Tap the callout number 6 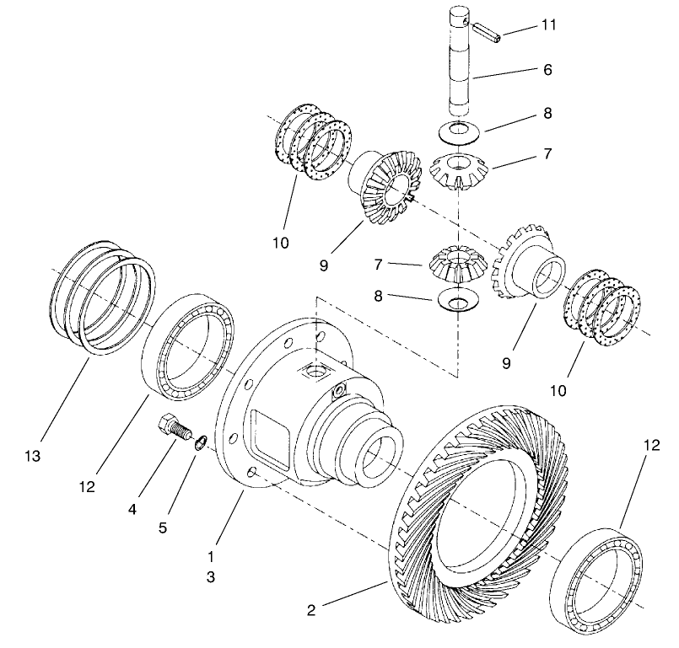(x=547, y=71)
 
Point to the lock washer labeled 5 (x=200, y=442)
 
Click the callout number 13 (x=34, y=456)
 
